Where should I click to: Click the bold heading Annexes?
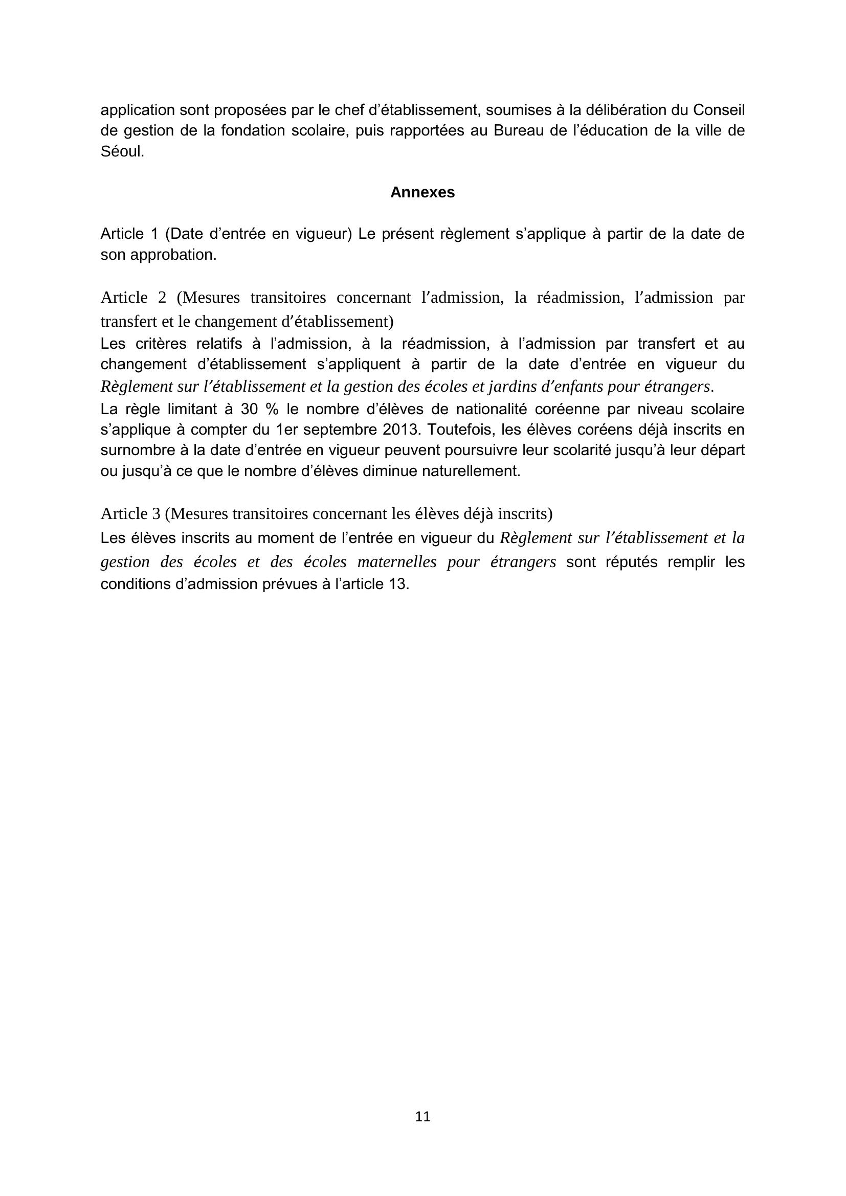point(422,193)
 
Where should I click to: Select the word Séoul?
point(120,151)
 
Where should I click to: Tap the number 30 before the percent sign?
point(250,410)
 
